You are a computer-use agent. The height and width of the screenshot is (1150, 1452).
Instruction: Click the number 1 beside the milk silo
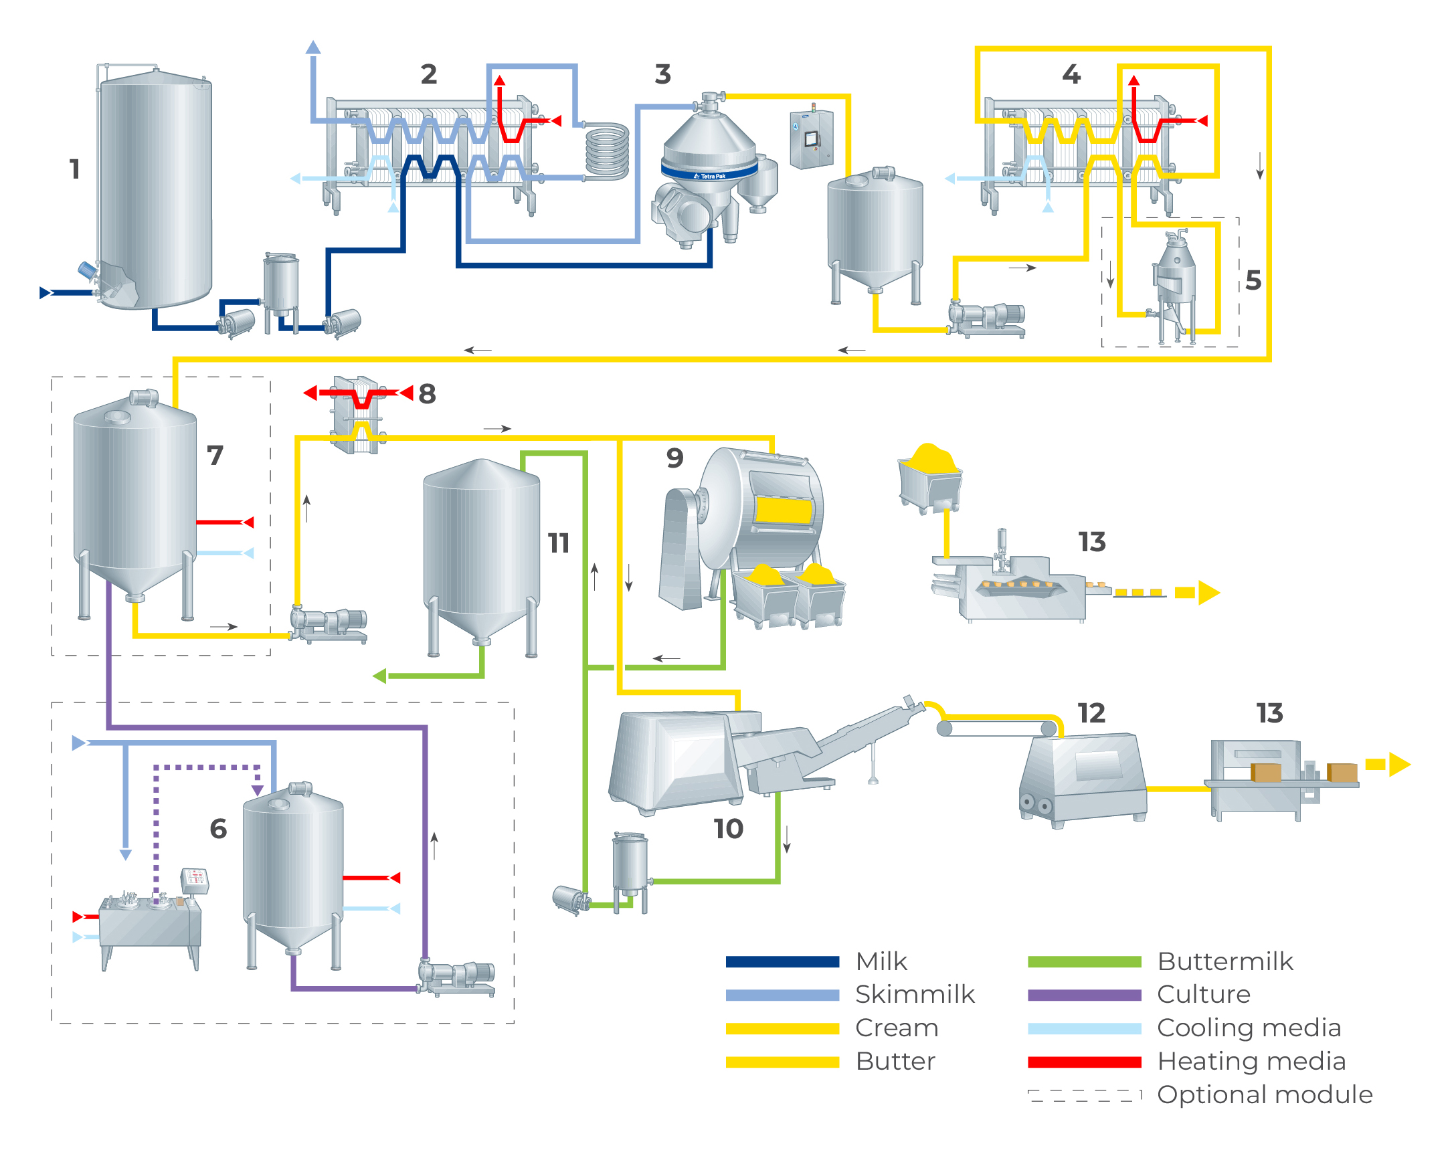point(75,169)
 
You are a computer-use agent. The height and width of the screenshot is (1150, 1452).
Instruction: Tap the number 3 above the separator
point(662,74)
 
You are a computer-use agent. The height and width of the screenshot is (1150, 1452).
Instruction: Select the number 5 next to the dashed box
point(1253,280)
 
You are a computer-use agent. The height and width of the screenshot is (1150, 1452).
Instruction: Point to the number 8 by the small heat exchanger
point(427,394)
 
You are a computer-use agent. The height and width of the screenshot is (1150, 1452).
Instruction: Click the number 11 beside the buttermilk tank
point(558,543)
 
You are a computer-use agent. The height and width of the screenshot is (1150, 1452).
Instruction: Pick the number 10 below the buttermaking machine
point(728,829)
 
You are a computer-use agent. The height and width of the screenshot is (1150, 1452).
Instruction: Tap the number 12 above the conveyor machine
point(1091,713)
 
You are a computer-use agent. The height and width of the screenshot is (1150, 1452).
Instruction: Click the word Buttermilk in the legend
point(1225,961)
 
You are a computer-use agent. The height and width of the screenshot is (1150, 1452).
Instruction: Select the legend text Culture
point(1204,995)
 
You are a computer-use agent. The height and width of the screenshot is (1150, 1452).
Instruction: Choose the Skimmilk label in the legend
point(915,995)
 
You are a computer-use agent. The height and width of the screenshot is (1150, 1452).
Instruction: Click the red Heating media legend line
point(1084,1062)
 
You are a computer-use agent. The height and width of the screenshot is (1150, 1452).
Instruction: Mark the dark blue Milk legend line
point(782,961)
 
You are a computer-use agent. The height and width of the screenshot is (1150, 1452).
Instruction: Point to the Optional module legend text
point(1264,1094)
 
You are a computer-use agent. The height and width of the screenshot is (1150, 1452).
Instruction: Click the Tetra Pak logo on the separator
point(710,177)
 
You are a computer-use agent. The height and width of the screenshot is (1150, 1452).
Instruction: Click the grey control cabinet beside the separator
point(812,139)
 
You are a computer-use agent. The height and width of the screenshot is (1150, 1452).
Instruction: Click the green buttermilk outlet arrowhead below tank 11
point(380,675)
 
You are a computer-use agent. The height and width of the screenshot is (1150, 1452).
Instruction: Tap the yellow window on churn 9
point(784,510)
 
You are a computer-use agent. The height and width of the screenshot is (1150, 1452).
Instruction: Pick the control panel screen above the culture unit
point(195,877)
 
